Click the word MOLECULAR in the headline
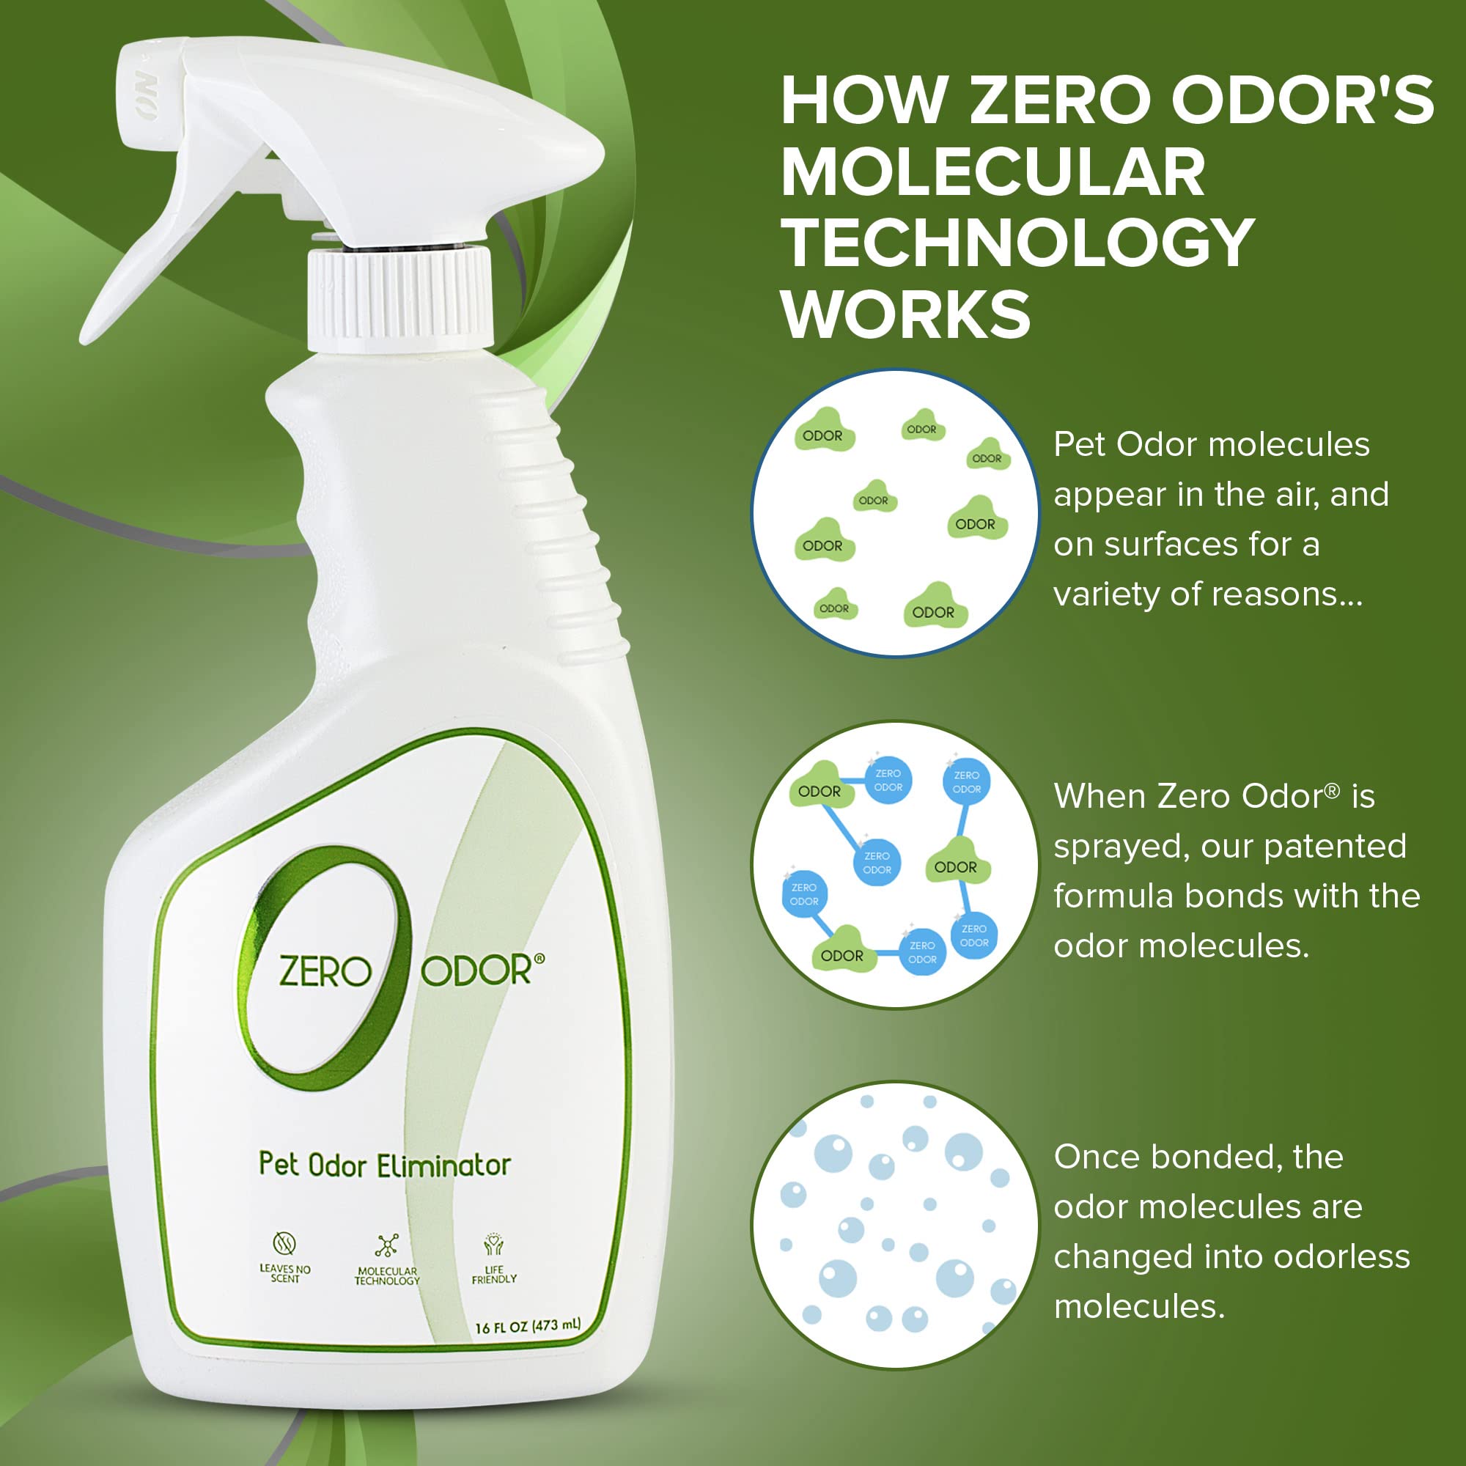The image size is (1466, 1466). (x=992, y=172)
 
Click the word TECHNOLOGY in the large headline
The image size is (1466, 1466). (x=1017, y=243)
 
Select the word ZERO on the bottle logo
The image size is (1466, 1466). (x=325, y=972)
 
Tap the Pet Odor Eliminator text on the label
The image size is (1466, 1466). (x=385, y=1165)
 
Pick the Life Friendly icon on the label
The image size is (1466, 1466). (x=494, y=1245)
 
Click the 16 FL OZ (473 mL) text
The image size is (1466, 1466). (x=527, y=1327)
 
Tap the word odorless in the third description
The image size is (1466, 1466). (x=1341, y=1257)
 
